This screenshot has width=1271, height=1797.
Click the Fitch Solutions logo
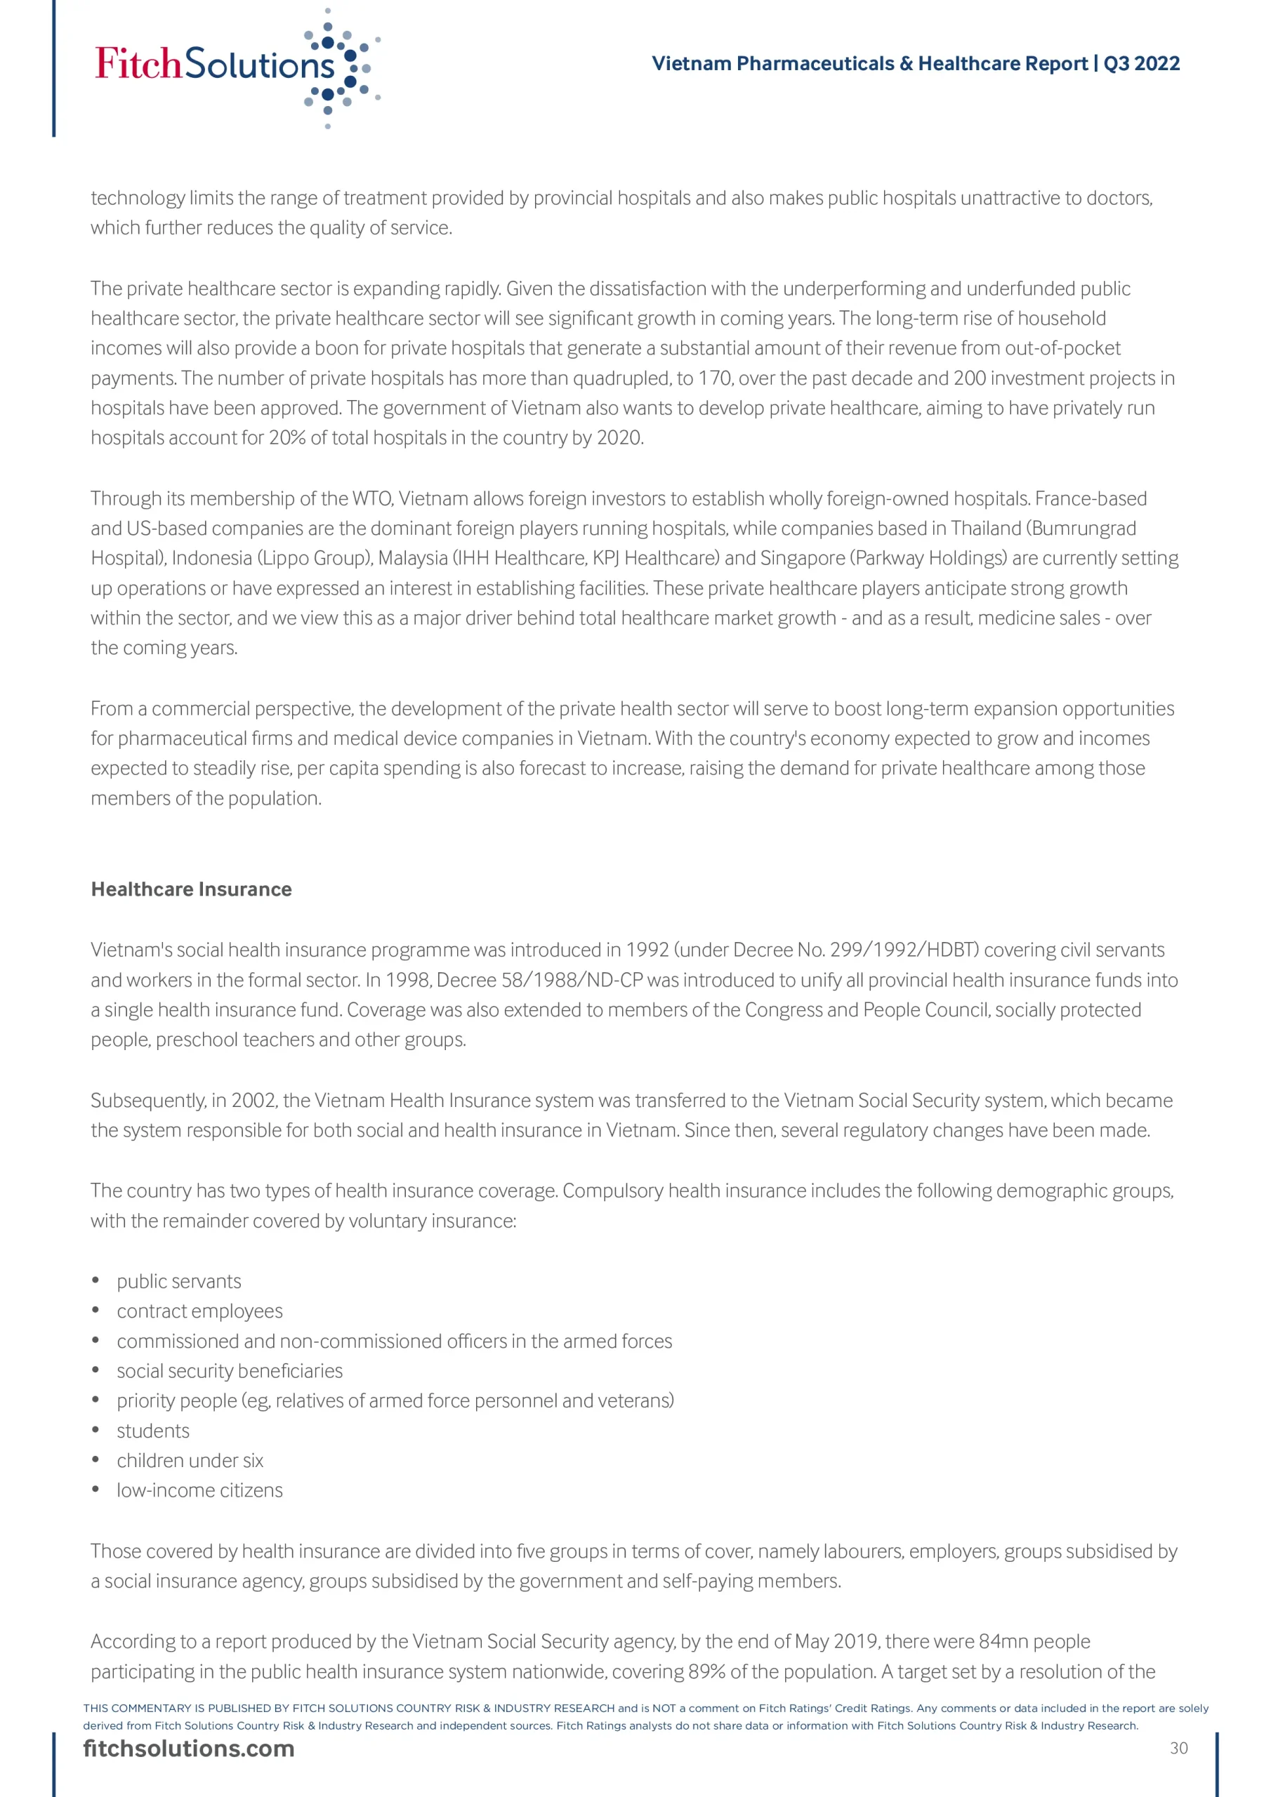[x=235, y=66]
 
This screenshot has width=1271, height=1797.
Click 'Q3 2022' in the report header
[x=1141, y=63]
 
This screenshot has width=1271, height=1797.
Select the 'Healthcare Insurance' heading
[x=191, y=889]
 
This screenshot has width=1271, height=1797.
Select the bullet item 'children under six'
[x=190, y=1461]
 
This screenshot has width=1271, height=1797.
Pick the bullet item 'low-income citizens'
[x=199, y=1490]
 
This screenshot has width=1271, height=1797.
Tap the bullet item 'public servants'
[x=178, y=1281]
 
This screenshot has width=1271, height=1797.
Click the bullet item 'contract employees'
[x=199, y=1311]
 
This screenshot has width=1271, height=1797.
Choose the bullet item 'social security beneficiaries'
[x=230, y=1370]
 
